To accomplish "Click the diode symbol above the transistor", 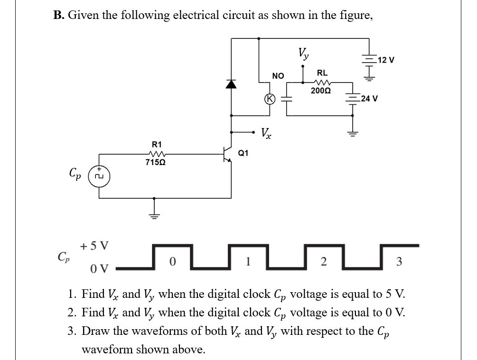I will pos(231,84).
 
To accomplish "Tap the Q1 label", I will pos(243,153).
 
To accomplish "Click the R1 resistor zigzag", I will pos(156,153).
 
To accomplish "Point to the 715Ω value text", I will pos(156,163).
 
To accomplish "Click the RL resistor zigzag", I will pos(322,82).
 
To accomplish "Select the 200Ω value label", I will pos(321,90).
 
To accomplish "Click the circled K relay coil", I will pos(270,99).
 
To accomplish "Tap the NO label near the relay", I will pos(278,75).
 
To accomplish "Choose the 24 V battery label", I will pos(369,99).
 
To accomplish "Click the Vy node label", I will pos(303,53).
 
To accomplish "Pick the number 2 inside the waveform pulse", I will pos(323,261).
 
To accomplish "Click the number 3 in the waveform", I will pos(399,261).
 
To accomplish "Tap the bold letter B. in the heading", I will pos(59,15).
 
